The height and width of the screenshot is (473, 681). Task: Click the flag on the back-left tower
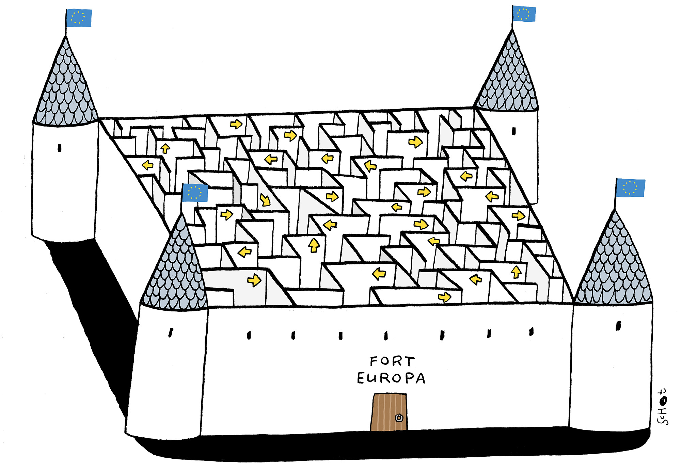coord(79,18)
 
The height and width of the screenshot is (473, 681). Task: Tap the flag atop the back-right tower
coord(524,14)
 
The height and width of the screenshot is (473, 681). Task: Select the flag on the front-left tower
coord(195,193)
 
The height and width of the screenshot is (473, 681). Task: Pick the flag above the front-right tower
coord(631,187)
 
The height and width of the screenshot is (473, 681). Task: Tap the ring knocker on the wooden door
coord(399,418)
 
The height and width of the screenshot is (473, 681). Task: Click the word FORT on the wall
coord(393,361)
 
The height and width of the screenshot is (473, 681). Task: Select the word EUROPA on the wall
coord(391,378)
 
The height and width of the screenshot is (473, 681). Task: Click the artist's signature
coord(662,407)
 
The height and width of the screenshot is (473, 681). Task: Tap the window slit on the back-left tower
coord(60,148)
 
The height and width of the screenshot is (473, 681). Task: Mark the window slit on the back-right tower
coord(514,131)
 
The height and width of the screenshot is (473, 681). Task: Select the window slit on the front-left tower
coord(171,332)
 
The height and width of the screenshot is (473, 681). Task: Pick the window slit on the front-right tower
coord(618,325)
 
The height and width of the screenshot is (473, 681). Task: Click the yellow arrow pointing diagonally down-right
coord(265,200)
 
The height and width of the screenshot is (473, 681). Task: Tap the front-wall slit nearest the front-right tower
coord(531,331)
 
